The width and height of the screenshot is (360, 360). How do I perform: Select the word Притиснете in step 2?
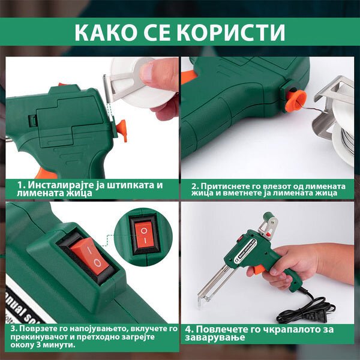[219, 186]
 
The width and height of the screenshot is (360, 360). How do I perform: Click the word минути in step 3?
[62, 345]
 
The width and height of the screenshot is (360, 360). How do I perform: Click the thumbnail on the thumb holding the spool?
[147, 73]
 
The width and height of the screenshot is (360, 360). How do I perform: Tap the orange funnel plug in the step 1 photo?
[122, 130]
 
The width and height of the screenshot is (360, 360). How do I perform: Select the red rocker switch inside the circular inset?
[144, 235]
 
